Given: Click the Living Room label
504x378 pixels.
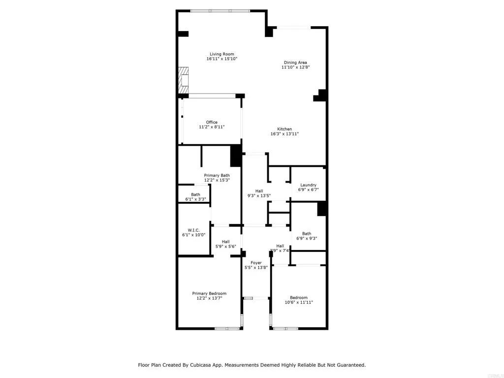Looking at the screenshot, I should point(221,54).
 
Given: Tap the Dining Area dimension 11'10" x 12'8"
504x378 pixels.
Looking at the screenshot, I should point(295,68).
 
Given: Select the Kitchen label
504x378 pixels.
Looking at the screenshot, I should point(284,129).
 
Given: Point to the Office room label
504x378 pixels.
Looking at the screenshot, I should point(212,122).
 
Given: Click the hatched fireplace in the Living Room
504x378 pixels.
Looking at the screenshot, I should point(183,79).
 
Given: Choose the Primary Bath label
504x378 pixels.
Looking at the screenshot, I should point(217,175).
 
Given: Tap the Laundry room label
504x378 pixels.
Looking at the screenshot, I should point(308,185).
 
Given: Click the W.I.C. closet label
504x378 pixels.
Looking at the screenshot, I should point(193,230).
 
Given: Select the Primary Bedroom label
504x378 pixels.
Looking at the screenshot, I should point(209,293).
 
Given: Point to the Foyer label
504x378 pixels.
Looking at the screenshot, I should point(256,263).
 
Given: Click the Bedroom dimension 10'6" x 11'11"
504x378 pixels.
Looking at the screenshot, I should point(299,303).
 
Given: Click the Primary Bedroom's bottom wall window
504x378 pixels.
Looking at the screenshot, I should point(227,328).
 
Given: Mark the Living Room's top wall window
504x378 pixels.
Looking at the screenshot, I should point(220,11).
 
